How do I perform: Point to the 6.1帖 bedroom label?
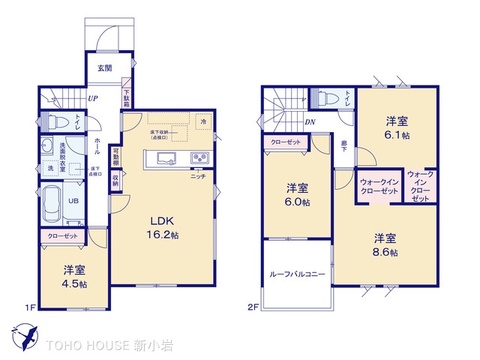click(x=397, y=126)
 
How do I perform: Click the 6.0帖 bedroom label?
click(x=296, y=194)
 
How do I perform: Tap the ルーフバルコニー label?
click(x=295, y=274)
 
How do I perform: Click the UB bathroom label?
click(x=72, y=199)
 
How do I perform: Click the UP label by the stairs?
click(x=92, y=99)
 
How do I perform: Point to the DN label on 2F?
click(x=311, y=123)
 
